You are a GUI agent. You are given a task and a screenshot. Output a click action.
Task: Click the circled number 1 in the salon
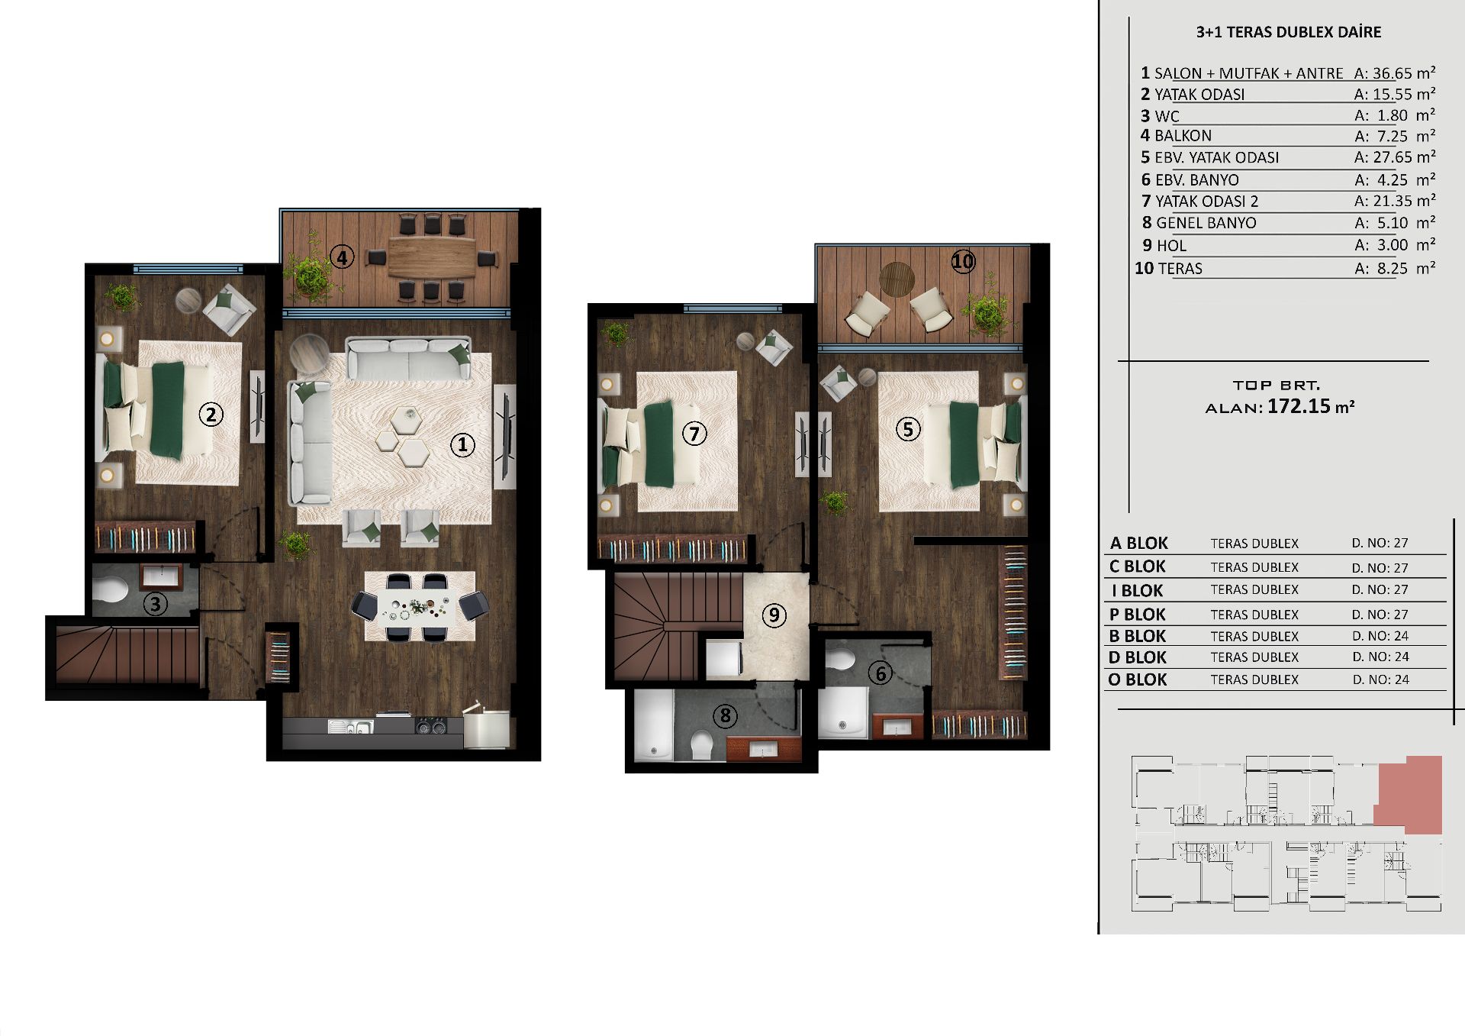click(462, 445)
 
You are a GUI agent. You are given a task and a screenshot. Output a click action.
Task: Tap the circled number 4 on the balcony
click(342, 257)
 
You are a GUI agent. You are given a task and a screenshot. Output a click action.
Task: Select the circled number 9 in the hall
click(774, 615)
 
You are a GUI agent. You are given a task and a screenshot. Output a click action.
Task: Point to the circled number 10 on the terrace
click(963, 262)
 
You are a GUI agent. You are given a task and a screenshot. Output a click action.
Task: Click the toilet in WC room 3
click(111, 589)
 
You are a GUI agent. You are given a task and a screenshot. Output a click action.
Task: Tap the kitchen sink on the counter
click(351, 726)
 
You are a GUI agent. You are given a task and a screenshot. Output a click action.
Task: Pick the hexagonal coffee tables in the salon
click(404, 437)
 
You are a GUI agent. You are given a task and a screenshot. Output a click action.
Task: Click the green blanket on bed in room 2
click(168, 410)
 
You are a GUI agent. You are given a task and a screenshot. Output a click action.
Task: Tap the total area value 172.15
click(1299, 406)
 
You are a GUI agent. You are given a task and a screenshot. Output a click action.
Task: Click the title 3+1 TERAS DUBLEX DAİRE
click(1289, 32)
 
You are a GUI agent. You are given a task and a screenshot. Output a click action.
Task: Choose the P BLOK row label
click(1138, 615)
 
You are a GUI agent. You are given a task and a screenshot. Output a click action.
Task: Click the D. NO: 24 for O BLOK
click(1380, 679)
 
